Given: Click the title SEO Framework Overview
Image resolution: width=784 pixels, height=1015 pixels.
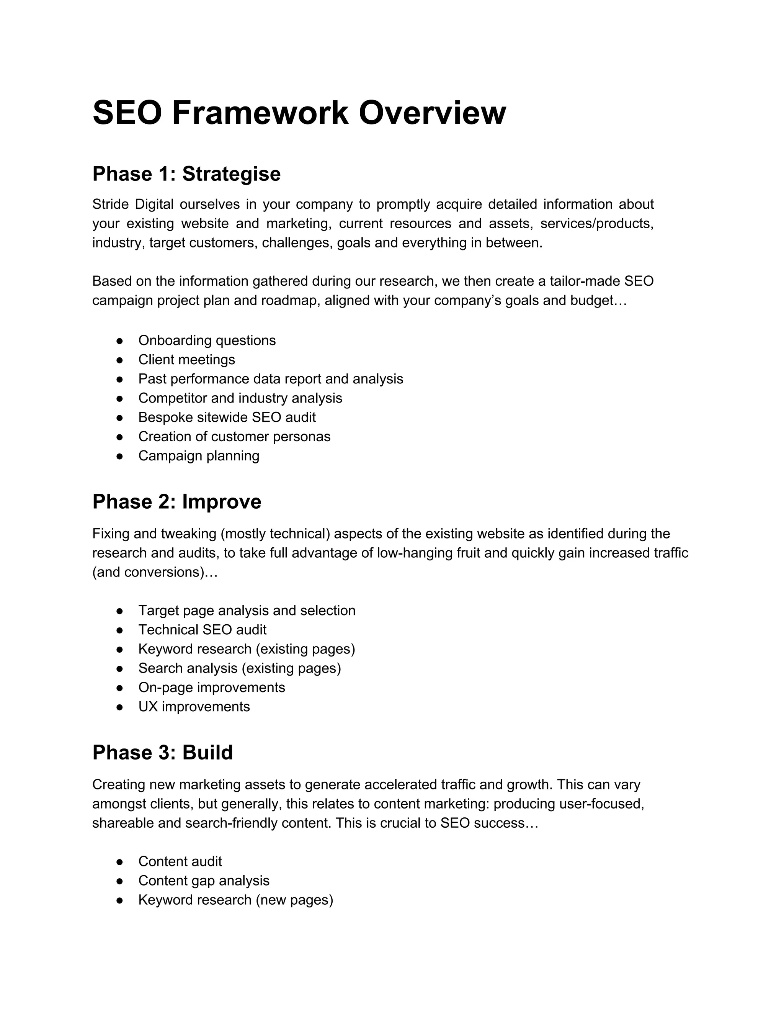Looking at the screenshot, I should point(299,113).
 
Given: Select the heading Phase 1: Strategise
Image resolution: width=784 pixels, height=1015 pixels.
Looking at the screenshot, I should point(186,174).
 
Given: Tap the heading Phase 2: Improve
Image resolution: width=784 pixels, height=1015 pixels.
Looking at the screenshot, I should point(176,502).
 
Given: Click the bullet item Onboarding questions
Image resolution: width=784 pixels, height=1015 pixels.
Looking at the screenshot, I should point(207,341).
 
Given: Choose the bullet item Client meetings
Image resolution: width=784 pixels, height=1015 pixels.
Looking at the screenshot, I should point(186,360).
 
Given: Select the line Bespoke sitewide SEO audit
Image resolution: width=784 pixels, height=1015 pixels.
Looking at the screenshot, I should point(227,417).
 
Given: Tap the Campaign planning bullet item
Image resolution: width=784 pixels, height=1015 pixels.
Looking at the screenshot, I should point(198,456).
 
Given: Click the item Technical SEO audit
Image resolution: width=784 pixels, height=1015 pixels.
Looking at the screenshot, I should point(202,630).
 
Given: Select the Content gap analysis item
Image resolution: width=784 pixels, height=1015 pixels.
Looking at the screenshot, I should point(203,881).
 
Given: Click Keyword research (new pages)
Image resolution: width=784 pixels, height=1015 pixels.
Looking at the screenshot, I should point(235,900).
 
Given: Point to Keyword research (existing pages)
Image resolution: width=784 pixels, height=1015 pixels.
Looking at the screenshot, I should point(246,649).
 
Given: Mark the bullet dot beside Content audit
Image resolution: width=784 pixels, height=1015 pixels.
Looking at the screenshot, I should point(119,862).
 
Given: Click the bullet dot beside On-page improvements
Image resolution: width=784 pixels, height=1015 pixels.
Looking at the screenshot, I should point(119,688).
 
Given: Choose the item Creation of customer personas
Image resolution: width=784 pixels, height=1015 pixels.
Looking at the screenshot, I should point(234,437).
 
